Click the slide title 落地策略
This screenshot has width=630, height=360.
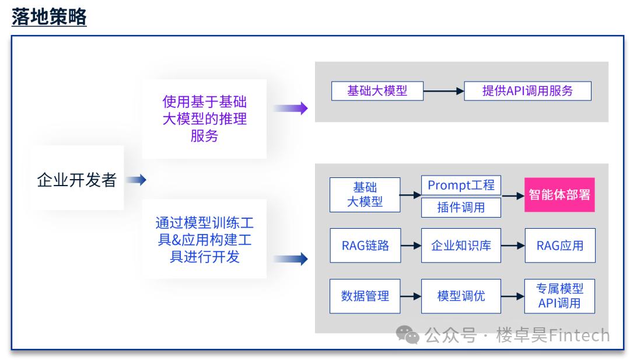(49, 17)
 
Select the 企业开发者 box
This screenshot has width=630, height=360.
(76, 179)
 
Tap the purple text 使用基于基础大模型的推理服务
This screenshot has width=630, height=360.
(204, 119)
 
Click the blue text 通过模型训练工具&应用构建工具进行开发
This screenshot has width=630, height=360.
(204, 239)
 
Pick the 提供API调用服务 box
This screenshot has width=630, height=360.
(527, 91)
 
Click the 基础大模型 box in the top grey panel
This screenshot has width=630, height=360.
(377, 91)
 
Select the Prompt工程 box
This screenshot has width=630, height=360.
(461, 186)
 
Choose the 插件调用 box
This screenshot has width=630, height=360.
(461, 207)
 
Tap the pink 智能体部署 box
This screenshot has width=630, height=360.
(559, 195)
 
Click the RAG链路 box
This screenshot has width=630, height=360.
(365, 245)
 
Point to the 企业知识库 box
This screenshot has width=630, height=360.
(461, 245)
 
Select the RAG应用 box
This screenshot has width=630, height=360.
(559, 245)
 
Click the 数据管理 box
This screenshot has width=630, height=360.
(365, 296)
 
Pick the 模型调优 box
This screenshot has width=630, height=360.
(461, 296)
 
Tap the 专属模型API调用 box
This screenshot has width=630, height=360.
(559, 296)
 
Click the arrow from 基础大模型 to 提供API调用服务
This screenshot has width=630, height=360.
(443, 91)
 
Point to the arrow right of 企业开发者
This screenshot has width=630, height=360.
(136, 180)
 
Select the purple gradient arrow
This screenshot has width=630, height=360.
(290, 108)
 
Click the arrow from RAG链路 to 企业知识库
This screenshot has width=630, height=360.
(411, 245)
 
